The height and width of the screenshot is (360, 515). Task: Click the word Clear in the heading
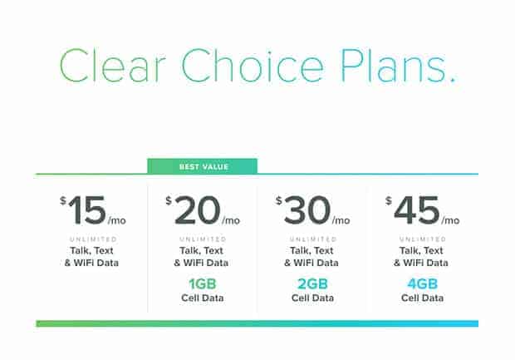(x=112, y=66)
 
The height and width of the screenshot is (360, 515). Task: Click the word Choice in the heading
(x=253, y=66)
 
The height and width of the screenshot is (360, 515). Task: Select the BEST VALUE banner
(x=203, y=166)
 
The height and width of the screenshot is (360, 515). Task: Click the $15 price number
(x=87, y=210)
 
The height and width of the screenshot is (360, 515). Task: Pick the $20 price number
(x=197, y=210)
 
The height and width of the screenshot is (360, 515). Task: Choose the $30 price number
(x=307, y=210)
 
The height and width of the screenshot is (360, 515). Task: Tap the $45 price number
(x=416, y=210)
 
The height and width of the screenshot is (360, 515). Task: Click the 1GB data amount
(x=203, y=284)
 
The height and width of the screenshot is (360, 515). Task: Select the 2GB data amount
(x=312, y=284)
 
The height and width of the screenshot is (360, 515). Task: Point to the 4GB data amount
(x=422, y=284)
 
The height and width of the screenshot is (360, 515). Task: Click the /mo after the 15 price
(x=116, y=220)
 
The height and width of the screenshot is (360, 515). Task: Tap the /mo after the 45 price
(x=450, y=220)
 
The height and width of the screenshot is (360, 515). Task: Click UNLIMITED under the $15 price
(x=93, y=239)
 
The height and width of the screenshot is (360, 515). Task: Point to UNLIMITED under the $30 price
(x=313, y=239)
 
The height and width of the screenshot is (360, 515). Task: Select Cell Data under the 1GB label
(x=203, y=298)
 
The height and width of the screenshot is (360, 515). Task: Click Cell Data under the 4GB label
(x=422, y=298)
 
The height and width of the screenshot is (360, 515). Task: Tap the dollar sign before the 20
(x=169, y=200)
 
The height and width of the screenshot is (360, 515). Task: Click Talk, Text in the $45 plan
(x=421, y=250)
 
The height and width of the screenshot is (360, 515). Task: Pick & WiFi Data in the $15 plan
(x=91, y=263)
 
